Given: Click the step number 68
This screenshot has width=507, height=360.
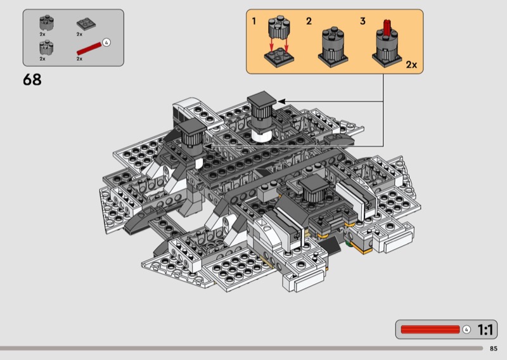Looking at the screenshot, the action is pyautogui.click(x=32, y=80).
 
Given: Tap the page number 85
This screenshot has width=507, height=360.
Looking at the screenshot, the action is pyautogui.click(x=494, y=349).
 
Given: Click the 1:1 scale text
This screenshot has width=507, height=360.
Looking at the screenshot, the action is pyautogui.click(x=485, y=330).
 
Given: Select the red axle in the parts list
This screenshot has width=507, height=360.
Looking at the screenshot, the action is pyautogui.click(x=89, y=49).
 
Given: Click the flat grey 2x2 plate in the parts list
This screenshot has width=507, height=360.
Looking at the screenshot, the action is pyautogui.click(x=86, y=24).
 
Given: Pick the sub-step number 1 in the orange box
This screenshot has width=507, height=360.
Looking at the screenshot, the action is pyautogui.click(x=254, y=22).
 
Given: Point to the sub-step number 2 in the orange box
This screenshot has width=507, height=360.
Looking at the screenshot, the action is pyautogui.click(x=309, y=22).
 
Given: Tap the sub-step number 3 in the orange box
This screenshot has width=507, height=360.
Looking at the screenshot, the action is pyautogui.click(x=363, y=22).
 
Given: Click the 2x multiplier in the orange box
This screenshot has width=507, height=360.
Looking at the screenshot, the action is pyautogui.click(x=411, y=65).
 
